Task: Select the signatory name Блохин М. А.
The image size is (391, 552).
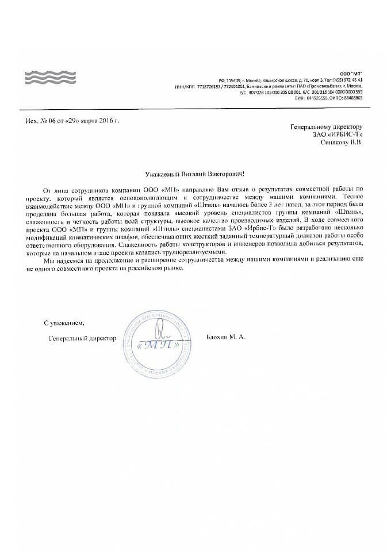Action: point(225,338)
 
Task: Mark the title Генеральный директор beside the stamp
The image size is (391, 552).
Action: point(82,338)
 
